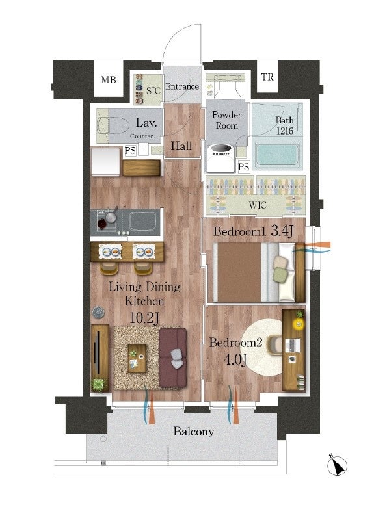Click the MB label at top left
pos(109,80)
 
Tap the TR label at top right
pos(267,77)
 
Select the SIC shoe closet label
pos(153,90)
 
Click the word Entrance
pos(182,86)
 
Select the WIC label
pos(258,205)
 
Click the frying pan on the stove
pos(112,216)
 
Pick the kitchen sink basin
pos(142,221)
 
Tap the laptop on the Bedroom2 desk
pos(293,345)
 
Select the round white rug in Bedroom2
pos(263,347)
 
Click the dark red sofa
pos(172,358)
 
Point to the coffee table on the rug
pos(137,359)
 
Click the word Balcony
pos(194,432)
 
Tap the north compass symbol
pos(337,465)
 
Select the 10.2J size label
pos(144,318)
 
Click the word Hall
pos(181,146)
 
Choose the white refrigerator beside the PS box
pos(105,161)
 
